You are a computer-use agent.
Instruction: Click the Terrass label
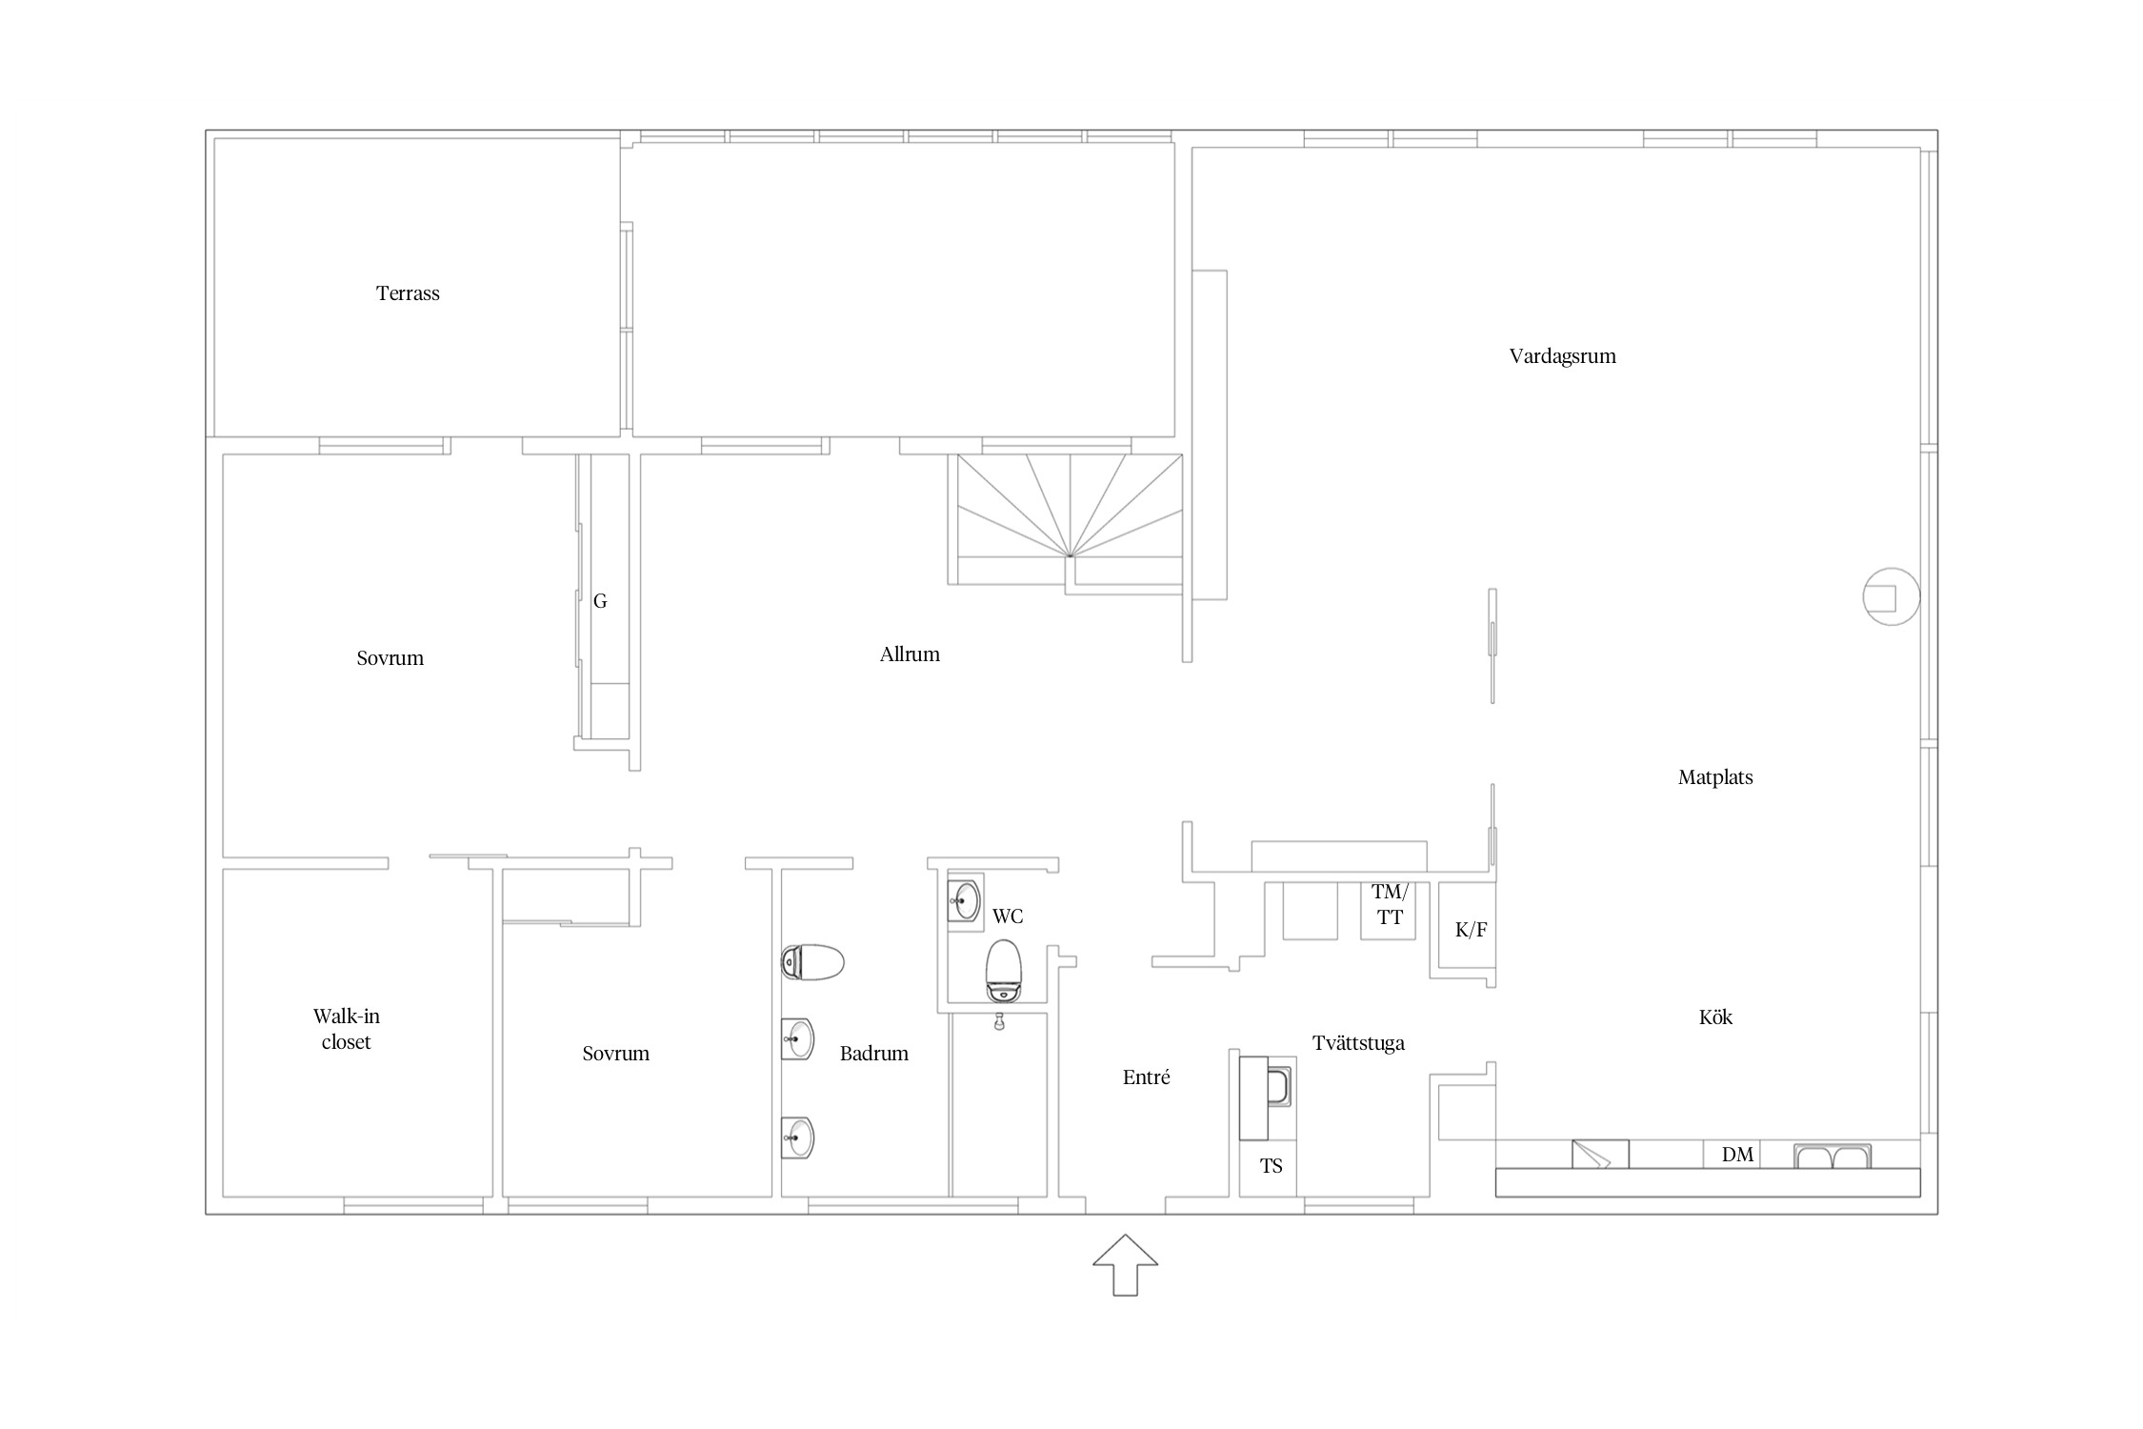point(408,293)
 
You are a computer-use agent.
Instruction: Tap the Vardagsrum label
point(1562,357)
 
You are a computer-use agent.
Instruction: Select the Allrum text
point(910,654)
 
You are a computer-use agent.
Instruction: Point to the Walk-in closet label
point(346,1029)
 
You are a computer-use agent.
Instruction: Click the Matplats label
point(1715,777)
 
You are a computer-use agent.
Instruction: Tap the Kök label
point(1715,1017)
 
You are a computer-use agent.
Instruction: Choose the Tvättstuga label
point(1358,1043)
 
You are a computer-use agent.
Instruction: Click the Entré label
point(1146,1077)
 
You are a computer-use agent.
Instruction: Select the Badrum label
point(873,1054)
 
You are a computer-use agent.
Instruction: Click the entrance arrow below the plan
point(1125,1264)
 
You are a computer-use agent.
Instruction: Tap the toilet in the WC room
point(1003,971)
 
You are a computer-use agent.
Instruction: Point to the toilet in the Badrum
point(812,962)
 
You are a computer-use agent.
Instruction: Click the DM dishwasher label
point(1737,1155)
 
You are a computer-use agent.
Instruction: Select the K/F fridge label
point(1471,930)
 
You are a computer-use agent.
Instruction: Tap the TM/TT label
point(1390,905)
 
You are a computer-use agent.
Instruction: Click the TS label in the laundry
point(1271,1166)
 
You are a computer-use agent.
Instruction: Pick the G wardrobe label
point(600,601)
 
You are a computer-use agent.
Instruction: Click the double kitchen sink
point(1833,1157)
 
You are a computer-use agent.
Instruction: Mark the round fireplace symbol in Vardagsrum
point(1891,596)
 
